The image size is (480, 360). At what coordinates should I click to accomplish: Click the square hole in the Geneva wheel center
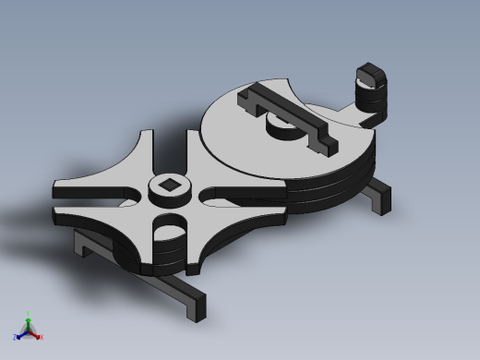click(x=169, y=187)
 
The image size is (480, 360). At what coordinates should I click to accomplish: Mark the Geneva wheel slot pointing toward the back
click(x=170, y=148)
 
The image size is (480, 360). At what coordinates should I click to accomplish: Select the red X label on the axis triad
click(x=41, y=337)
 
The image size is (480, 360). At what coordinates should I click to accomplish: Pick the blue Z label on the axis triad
click(x=15, y=338)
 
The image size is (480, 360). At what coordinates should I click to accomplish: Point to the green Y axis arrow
click(x=28, y=323)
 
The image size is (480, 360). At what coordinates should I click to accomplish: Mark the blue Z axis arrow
click(x=21, y=335)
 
